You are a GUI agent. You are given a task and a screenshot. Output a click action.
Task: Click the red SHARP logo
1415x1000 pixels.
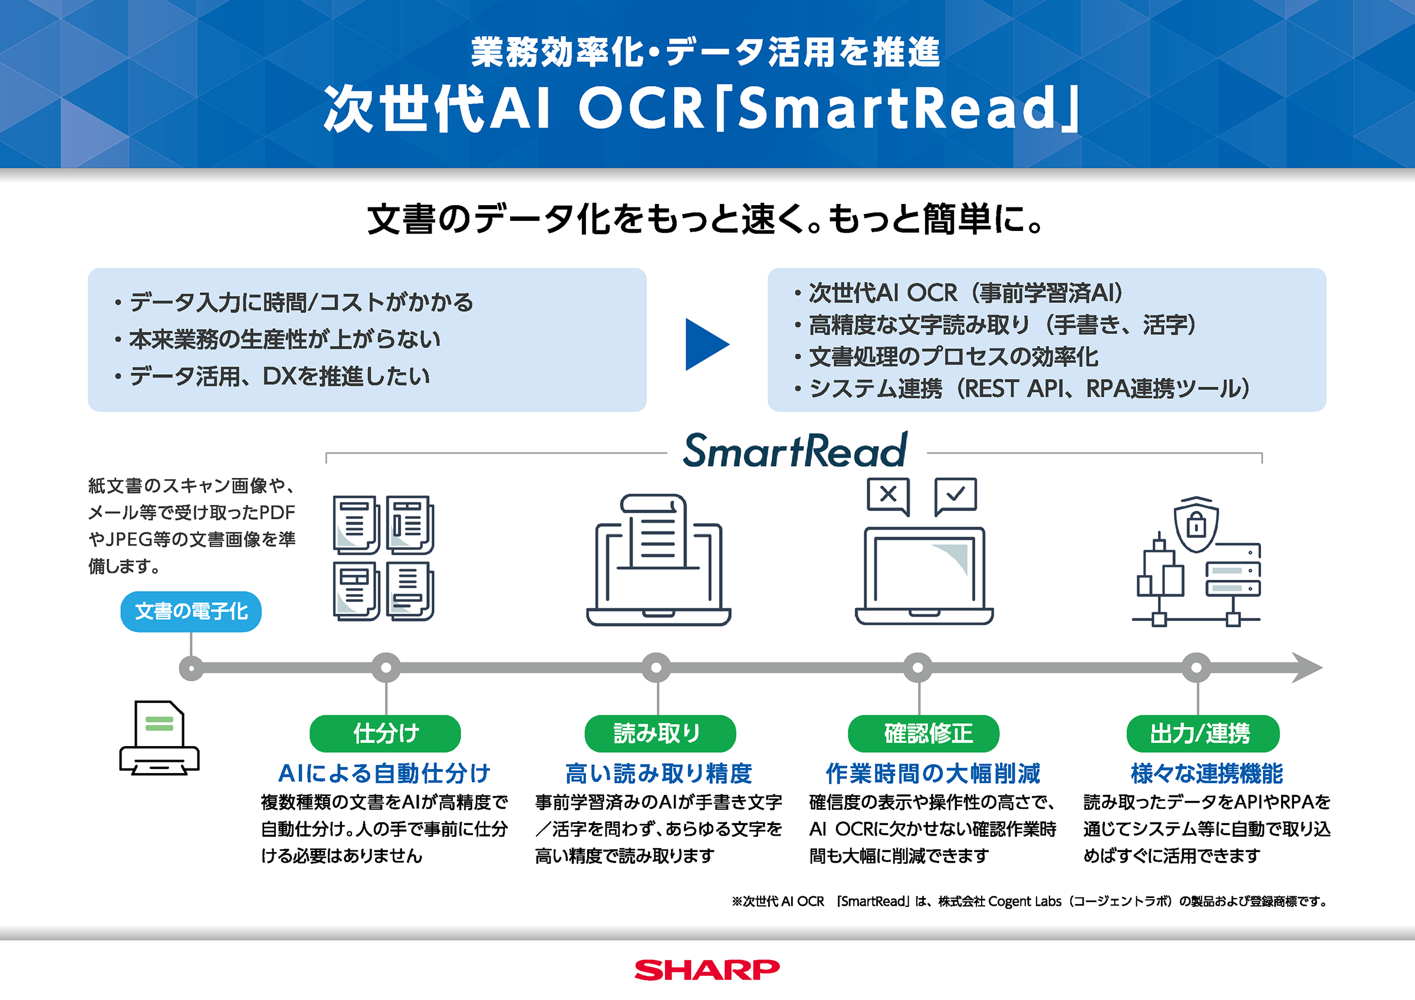[707, 970]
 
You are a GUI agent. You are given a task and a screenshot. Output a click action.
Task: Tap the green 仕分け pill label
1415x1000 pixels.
[385, 733]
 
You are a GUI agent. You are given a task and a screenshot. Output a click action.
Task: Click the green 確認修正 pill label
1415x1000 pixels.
[923, 733]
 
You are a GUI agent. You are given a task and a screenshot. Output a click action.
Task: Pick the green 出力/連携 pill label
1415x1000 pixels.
[1203, 733]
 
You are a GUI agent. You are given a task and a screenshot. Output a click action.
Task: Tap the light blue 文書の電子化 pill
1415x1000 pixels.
[191, 611]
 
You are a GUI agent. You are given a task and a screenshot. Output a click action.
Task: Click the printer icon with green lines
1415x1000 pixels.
[160, 738]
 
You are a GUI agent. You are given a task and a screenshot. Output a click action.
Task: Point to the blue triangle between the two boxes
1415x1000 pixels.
[707, 344]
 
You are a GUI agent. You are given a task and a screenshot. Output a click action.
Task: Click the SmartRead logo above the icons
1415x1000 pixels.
[795, 450]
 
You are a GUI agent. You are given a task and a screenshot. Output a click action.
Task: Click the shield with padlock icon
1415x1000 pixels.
[1196, 524]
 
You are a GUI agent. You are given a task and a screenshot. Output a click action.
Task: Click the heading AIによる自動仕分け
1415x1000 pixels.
[384, 773]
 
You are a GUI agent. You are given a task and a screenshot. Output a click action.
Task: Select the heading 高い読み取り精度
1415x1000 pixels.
[659, 773]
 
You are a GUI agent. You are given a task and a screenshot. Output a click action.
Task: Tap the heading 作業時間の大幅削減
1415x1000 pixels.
[933, 773]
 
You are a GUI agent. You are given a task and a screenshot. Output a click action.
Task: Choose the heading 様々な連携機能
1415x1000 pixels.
[1207, 773]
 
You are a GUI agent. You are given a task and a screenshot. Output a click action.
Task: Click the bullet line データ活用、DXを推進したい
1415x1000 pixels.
[272, 376]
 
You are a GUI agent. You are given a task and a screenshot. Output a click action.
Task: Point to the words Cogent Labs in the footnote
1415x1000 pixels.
[1024, 902]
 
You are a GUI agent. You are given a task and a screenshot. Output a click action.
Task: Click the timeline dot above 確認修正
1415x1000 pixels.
[917, 667]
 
